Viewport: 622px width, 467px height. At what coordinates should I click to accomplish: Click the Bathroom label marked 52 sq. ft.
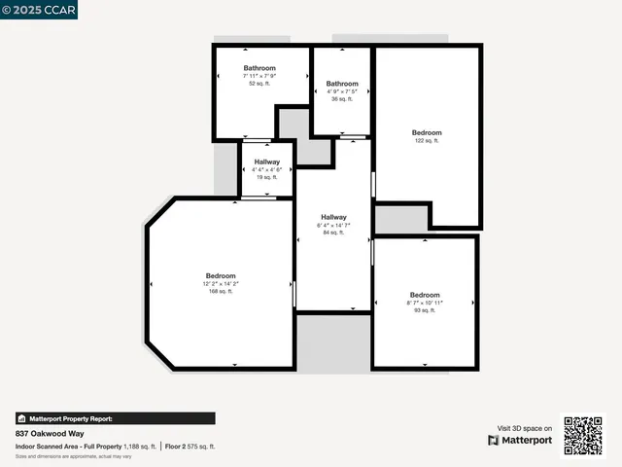pyautogui.click(x=259, y=68)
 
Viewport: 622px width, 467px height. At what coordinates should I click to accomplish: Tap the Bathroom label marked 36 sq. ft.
pyautogui.click(x=342, y=84)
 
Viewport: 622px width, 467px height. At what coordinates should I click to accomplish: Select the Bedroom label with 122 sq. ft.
pyautogui.click(x=427, y=132)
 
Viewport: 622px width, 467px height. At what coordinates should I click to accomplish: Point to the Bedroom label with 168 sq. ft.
pyautogui.click(x=221, y=275)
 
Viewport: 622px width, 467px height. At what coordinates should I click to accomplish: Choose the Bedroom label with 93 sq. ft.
pyautogui.click(x=425, y=295)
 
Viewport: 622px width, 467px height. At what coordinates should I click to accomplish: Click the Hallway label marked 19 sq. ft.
pyautogui.click(x=267, y=162)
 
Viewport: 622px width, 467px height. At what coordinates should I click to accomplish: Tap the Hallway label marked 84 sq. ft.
pyautogui.click(x=333, y=217)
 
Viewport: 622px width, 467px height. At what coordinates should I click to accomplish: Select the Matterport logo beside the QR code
pyautogui.click(x=521, y=440)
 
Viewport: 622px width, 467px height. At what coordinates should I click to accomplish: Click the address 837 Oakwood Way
pyautogui.click(x=47, y=433)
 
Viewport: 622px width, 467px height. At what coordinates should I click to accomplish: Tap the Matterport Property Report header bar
pyautogui.click(x=115, y=418)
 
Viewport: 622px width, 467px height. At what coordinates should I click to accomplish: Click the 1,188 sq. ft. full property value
pyautogui.click(x=140, y=446)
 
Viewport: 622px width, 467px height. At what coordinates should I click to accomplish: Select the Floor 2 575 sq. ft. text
pyautogui.click(x=190, y=446)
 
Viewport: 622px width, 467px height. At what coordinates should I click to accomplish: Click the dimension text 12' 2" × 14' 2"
pyautogui.click(x=221, y=283)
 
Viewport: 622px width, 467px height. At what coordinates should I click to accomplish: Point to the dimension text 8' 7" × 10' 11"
pyautogui.click(x=425, y=303)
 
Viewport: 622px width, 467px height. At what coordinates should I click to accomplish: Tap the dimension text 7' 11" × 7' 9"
pyautogui.click(x=259, y=76)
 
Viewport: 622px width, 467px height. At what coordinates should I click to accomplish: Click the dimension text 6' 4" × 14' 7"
pyautogui.click(x=333, y=225)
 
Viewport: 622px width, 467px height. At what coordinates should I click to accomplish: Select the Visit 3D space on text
pyautogui.click(x=525, y=428)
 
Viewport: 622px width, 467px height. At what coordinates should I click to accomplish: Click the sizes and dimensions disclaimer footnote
pyautogui.click(x=74, y=455)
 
